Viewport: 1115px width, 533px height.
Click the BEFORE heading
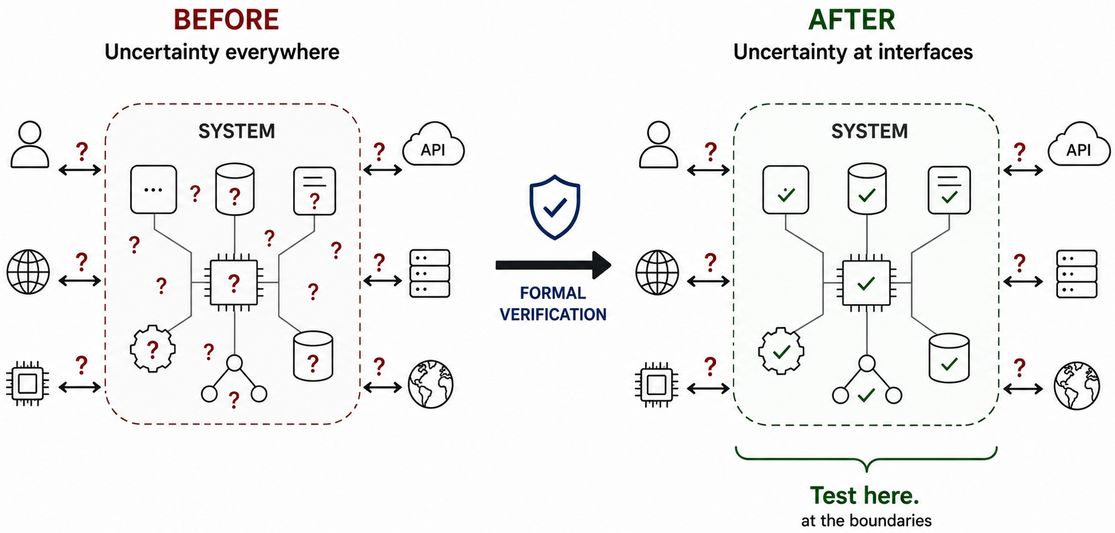(x=226, y=20)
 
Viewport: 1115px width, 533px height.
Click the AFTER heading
(x=852, y=20)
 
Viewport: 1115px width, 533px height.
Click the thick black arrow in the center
(x=553, y=265)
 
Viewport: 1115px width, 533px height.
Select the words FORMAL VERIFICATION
(x=553, y=304)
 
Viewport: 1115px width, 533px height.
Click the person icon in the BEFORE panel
(x=30, y=145)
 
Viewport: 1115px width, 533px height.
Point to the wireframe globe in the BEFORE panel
(x=29, y=272)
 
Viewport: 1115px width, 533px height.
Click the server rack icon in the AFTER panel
(x=1077, y=274)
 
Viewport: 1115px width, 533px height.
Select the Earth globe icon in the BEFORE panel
(x=431, y=385)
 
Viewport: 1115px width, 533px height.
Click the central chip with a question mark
(x=234, y=282)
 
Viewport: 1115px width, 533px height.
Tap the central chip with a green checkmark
(x=867, y=283)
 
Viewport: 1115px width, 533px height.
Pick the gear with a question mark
(x=153, y=349)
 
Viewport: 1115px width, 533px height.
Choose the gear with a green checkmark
(x=781, y=351)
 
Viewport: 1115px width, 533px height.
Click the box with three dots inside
(x=153, y=190)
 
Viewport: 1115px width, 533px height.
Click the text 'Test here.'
(x=865, y=495)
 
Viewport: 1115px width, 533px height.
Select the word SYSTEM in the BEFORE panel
(x=237, y=131)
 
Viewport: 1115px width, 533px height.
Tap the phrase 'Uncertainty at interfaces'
(x=854, y=52)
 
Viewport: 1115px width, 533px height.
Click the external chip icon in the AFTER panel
(x=656, y=385)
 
